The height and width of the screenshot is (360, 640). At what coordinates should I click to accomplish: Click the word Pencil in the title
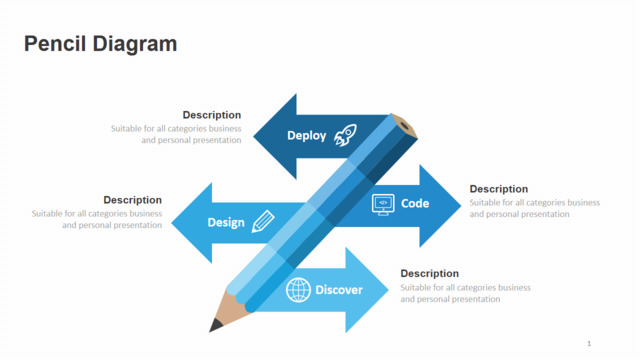(x=55, y=44)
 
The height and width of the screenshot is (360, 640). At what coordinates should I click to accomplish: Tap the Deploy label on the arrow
(x=307, y=136)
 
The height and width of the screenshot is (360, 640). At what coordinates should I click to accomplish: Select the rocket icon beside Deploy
(x=345, y=135)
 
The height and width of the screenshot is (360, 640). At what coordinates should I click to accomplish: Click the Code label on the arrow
(x=415, y=203)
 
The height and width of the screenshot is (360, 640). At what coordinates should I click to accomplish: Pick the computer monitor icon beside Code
(x=383, y=204)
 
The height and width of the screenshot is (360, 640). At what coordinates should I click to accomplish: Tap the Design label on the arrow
(x=226, y=223)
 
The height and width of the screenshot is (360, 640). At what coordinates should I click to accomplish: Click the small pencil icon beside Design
(x=263, y=222)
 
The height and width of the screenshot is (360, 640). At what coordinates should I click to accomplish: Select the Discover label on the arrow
(x=339, y=290)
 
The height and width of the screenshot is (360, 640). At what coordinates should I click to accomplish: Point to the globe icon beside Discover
(x=298, y=290)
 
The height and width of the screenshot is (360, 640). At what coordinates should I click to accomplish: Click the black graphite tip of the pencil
(x=215, y=326)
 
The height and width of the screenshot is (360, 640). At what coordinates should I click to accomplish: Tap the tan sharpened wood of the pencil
(x=231, y=309)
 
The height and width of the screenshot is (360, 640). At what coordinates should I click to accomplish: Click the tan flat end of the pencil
(x=404, y=126)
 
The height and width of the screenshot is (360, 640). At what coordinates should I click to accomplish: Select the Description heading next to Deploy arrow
(x=212, y=115)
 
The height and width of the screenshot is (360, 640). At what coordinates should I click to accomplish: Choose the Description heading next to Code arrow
(x=499, y=189)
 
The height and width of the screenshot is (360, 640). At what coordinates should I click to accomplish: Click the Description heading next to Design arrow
(x=133, y=200)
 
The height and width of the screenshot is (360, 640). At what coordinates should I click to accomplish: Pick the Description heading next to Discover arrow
(x=429, y=273)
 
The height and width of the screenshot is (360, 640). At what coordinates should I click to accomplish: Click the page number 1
(x=589, y=344)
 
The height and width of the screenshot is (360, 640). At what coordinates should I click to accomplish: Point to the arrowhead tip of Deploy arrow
(x=254, y=136)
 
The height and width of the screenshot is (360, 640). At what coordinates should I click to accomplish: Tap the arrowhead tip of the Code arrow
(x=460, y=206)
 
